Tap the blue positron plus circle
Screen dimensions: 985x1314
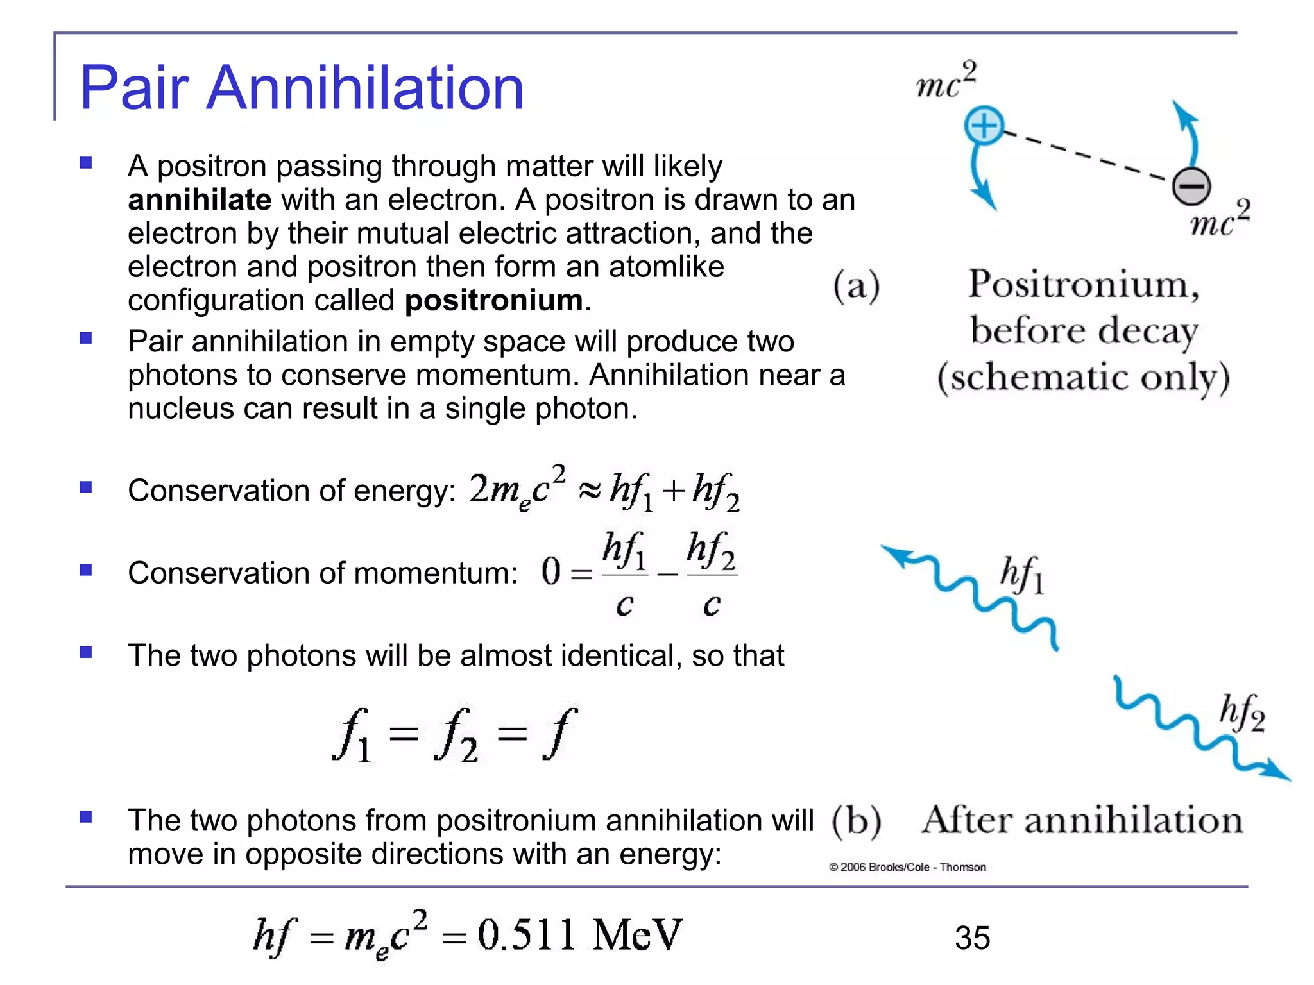pos(984,125)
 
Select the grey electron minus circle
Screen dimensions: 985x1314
pos(1191,186)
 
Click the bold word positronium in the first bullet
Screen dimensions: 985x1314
pos(494,300)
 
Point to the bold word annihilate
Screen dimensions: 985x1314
pos(200,199)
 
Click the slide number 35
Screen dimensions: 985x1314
pos(972,938)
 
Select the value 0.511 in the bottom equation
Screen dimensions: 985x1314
pos(526,935)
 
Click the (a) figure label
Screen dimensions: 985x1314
pos(857,285)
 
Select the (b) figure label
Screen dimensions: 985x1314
pos(857,821)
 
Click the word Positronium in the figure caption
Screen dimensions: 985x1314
pos(1083,284)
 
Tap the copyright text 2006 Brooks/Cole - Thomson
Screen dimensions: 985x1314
pos(908,867)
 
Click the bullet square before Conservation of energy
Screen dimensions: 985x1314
pos(86,487)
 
